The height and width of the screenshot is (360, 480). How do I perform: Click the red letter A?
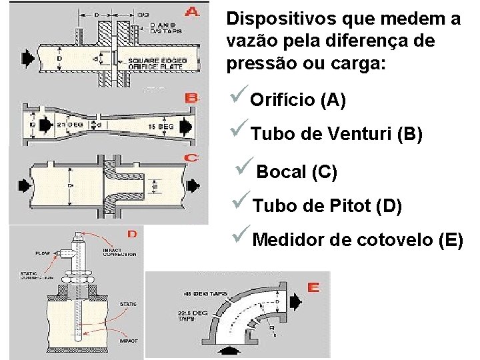192,11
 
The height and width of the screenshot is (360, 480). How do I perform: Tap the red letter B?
192,99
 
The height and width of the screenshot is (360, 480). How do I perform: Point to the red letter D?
132,233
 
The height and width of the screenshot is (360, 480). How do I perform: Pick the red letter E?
313,287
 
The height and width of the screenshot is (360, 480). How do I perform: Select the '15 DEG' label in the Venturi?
158,125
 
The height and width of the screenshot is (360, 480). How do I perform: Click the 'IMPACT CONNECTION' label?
120,252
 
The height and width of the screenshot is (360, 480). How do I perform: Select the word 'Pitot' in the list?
350,207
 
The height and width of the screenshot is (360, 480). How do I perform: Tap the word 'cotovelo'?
393,238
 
